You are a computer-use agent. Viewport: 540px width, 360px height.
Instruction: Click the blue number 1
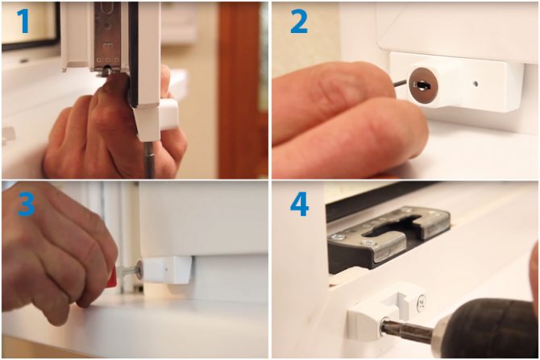pos(23,21)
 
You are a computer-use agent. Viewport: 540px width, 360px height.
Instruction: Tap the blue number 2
pos(299,21)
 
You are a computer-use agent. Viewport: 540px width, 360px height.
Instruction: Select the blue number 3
pos(26,204)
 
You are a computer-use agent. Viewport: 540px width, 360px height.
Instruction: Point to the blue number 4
pos(299,204)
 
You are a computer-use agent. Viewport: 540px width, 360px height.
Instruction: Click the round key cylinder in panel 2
pos(423,85)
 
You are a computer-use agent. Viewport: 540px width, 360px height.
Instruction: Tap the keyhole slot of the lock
pos(422,85)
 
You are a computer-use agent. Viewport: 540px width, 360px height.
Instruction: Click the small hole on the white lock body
pos(476,84)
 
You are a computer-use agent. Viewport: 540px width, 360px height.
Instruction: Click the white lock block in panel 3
pos(168,270)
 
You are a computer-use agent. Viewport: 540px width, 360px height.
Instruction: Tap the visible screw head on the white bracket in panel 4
pos(421,303)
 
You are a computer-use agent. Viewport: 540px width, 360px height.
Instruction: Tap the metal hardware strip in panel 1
pos(107,36)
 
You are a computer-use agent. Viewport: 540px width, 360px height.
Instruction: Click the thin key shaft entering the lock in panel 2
pos(401,82)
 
